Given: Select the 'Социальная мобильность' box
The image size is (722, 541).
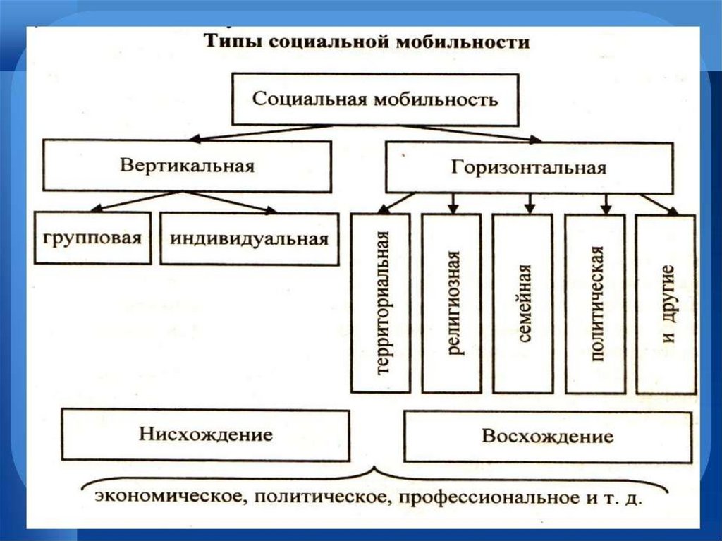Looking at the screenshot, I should coord(375,98).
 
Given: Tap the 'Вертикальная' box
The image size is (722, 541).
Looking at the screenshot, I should coord(187,166).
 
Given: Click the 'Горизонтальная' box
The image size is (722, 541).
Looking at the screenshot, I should coord(529,168).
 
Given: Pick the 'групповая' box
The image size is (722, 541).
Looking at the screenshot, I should coord(92,238).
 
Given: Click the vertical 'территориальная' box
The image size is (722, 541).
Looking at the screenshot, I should coord(381,303).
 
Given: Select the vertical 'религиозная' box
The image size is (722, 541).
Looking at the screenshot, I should coord(451,303).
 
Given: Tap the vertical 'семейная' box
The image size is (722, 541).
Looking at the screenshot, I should coord(522,303).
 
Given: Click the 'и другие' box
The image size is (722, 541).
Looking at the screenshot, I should coord(666,303).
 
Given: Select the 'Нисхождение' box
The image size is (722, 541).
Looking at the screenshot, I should coord(206,434).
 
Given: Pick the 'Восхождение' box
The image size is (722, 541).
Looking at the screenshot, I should coord(547,436).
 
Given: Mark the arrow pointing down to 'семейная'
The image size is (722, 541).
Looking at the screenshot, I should coord(530,202).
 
